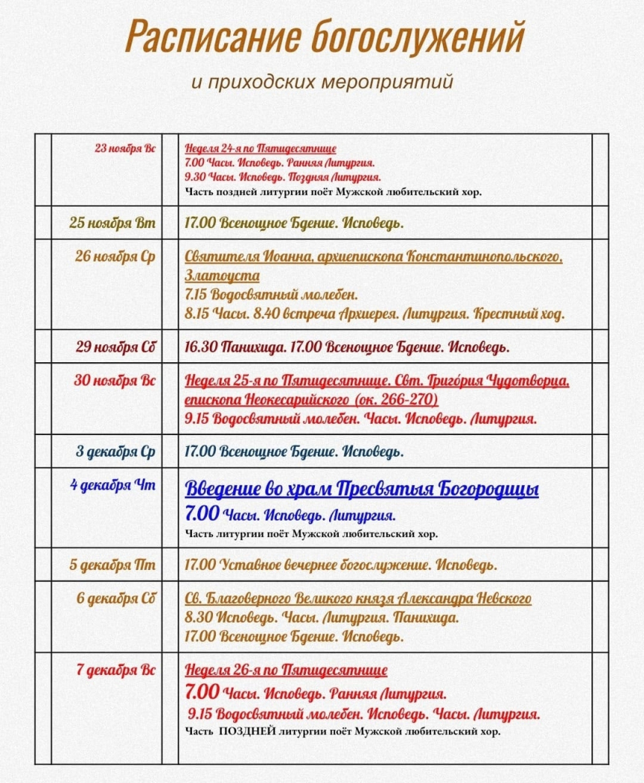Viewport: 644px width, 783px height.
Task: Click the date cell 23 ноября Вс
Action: [x=125, y=148]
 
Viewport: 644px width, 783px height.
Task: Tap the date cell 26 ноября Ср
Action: [x=115, y=256]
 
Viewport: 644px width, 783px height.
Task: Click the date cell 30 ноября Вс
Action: [x=115, y=380]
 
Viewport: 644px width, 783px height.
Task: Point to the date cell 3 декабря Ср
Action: [x=116, y=451]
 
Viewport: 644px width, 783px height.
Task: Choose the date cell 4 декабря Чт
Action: [x=113, y=485]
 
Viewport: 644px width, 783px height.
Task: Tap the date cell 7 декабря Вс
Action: [x=116, y=670]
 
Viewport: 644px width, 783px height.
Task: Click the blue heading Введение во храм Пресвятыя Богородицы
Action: [x=361, y=490]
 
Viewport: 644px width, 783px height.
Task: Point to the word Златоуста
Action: [x=222, y=275]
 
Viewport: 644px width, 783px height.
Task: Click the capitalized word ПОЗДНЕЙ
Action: [x=249, y=730]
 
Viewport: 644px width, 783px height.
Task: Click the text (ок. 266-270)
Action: [x=394, y=399]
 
